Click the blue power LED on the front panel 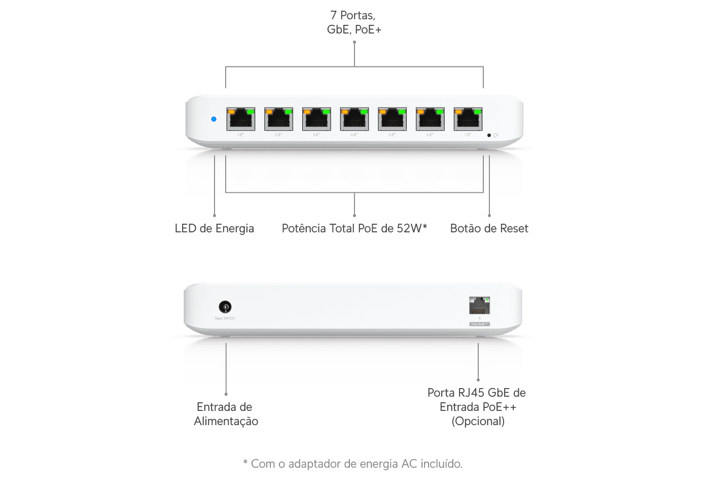(x=214, y=119)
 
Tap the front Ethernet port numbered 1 (x=241, y=120)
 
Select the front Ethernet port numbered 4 (x=354, y=120)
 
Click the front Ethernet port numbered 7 (x=468, y=120)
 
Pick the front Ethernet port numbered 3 (x=316, y=120)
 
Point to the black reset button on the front (x=489, y=135)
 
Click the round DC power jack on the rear (x=225, y=306)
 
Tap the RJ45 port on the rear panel (x=479, y=306)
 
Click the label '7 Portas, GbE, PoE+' (x=354, y=23)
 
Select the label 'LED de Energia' (x=214, y=229)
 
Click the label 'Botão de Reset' (x=489, y=229)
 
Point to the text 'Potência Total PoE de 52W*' (x=354, y=229)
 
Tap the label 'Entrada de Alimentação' (x=225, y=414)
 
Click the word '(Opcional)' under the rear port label (x=478, y=421)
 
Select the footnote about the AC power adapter (x=352, y=464)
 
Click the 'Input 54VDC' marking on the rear (x=225, y=319)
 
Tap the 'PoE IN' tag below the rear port (x=479, y=324)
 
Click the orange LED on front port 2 (x=269, y=111)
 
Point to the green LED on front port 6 (x=439, y=111)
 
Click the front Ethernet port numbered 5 (x=392, y=120)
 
